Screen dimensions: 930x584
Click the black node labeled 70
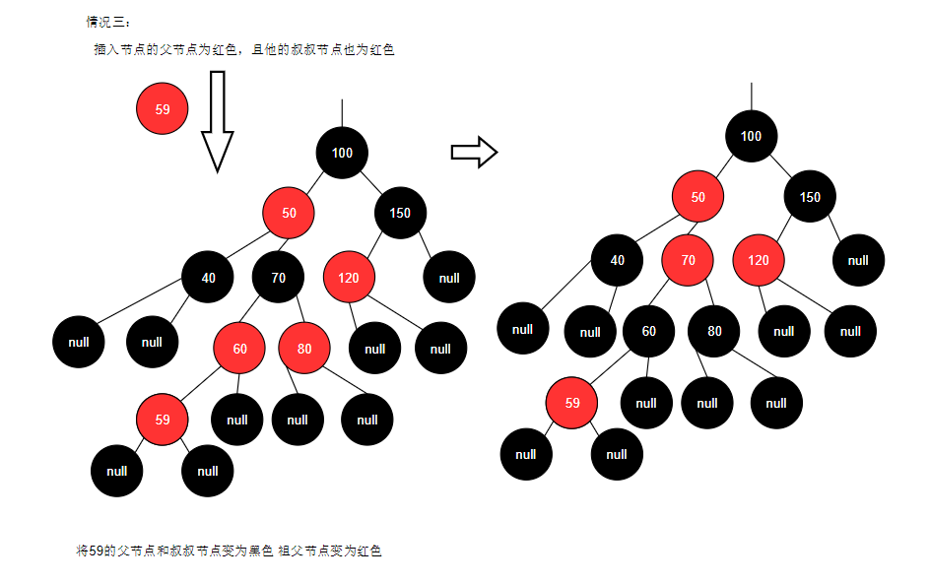[278, 278]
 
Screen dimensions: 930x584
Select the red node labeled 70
[688, 260]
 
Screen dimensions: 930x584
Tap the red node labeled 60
[239, 349]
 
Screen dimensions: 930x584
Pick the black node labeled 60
[649, 331]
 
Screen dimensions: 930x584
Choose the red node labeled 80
[304, 349]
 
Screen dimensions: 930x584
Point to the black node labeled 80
[714, 331]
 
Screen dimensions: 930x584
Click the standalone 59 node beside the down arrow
[163, 108]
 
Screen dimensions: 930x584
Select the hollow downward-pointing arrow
[217, 121]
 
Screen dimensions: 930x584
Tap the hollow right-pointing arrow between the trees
[474, 153]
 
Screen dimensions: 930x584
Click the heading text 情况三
[105, 22]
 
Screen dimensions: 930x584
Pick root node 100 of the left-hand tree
[342, 153]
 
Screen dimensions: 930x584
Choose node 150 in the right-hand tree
[810, 197]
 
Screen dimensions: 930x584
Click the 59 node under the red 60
[163, 420]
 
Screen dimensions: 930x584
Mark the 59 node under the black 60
[571, 403]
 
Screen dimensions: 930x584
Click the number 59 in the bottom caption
[97, 552]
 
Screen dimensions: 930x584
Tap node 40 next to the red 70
[618, 260]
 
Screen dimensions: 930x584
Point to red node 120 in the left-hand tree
[349, 278]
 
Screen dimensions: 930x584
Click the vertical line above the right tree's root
[752, 97]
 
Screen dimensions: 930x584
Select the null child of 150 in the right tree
[858, 260]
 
